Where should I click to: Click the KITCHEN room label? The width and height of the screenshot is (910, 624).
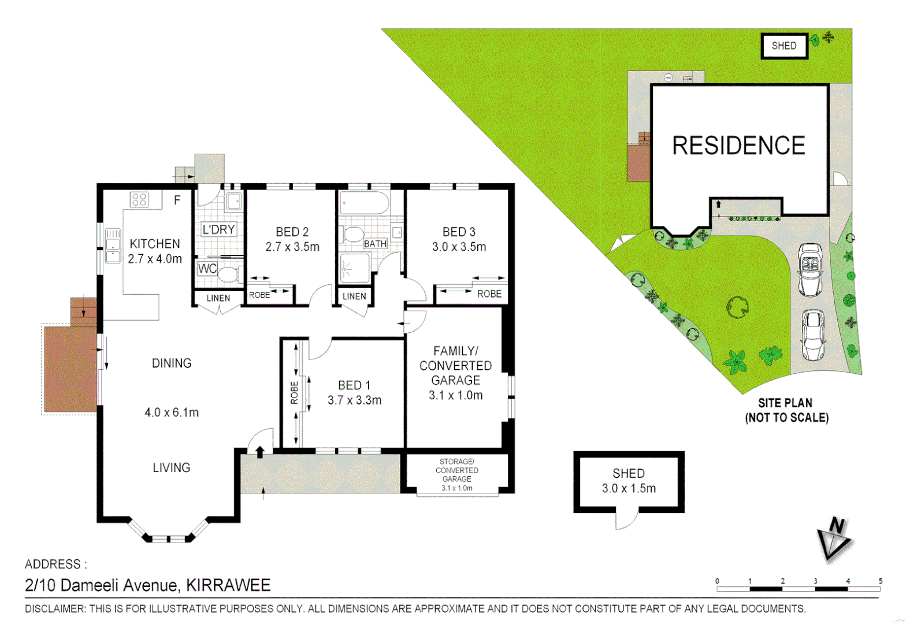(x=155, y=244)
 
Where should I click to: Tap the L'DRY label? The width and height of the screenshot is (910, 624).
(x=218, y=229)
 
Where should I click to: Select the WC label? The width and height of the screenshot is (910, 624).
(x=207, y=268)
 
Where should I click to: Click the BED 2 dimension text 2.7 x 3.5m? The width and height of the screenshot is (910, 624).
(x=292, y=247)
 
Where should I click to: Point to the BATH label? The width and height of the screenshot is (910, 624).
(x=375, y=244)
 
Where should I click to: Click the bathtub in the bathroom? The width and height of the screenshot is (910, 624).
(x=364, y=203)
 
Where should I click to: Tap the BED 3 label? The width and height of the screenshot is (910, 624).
(x=459, y=232)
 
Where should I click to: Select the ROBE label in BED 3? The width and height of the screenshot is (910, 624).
(x=489, y=294)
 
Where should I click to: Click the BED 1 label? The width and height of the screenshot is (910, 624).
(x=354, y=385)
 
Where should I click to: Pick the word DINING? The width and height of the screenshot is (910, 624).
(x=172, y=363)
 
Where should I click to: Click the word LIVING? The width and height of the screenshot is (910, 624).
(x=172, y=468)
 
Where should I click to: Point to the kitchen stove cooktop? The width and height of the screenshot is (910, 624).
(x=139, y=200)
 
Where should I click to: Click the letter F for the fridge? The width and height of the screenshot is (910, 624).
(x=177, y=200)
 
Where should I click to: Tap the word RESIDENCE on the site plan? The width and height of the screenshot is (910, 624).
(x=738, y=146)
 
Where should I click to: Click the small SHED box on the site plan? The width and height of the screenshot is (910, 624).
(x=784, y=46)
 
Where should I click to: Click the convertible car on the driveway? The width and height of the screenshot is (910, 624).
(x=810, y=269)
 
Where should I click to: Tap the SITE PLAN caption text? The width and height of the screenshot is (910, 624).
(x=785, y=403)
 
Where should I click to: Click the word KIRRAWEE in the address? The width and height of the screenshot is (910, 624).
(x=228, y=585)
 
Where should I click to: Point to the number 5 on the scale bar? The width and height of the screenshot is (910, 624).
(x=881, y=581)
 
